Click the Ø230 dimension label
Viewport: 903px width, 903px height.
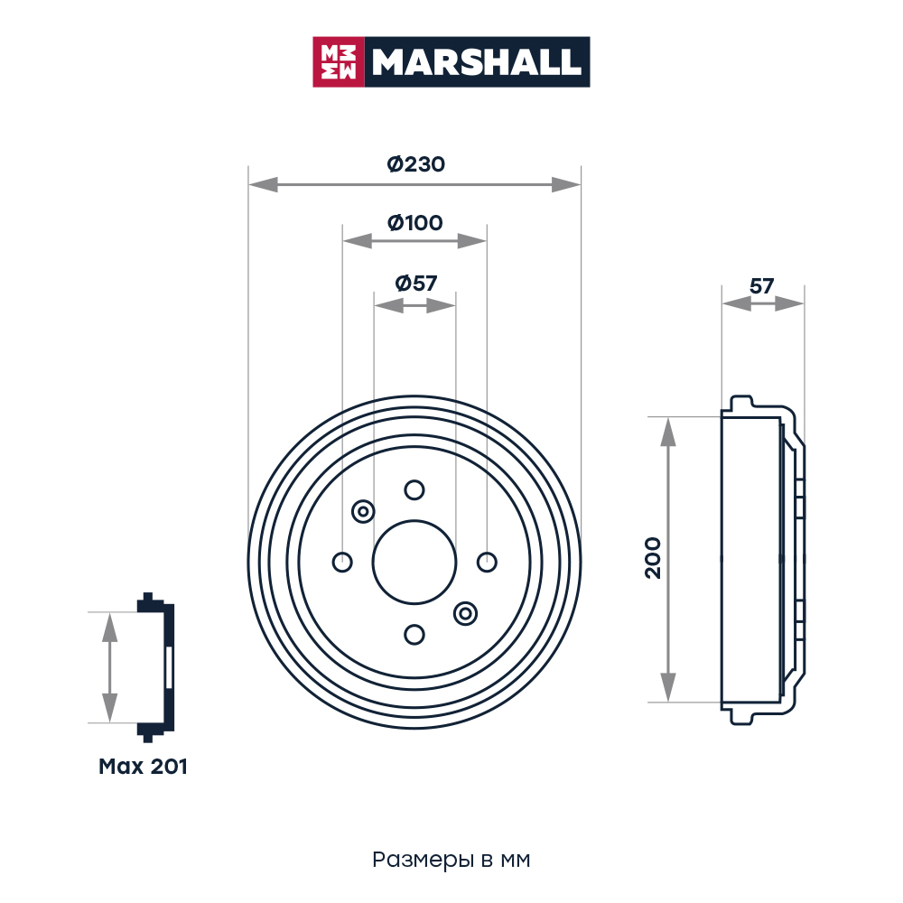point(415,164)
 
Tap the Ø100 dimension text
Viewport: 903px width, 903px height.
point(415,223)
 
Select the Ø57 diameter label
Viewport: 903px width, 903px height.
point(415,283)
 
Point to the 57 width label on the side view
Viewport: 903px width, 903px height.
point(761,286)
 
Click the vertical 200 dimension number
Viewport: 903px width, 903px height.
point(653,558)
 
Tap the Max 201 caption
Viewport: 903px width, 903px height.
point(143,767)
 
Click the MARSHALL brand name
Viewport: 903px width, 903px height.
point(476,61)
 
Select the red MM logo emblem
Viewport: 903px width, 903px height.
point(339,62)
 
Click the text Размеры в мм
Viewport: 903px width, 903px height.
point(451,860)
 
